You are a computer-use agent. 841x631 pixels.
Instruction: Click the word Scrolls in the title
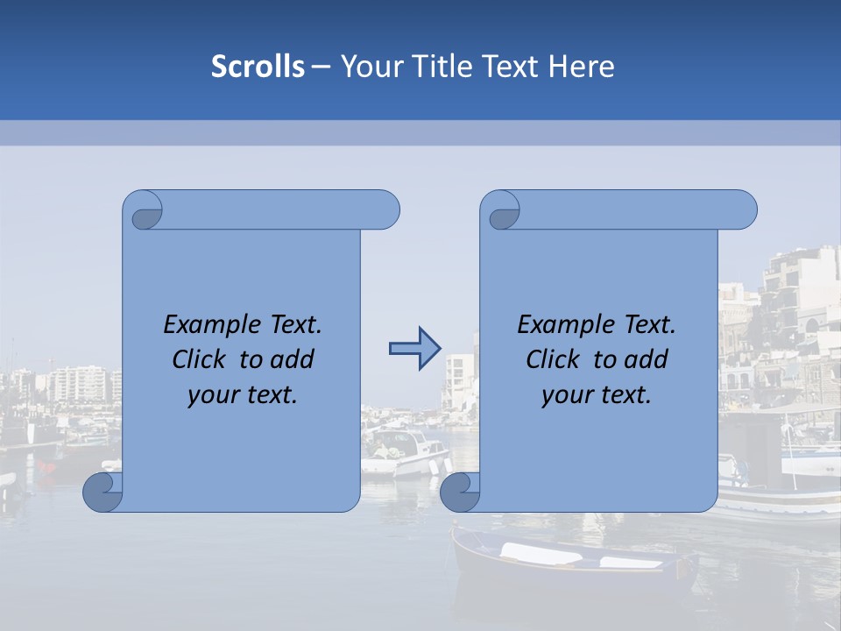[x=258, y=67]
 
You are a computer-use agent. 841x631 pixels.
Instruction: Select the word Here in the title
[x=581, y=67]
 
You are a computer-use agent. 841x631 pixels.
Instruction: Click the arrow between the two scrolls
[x=414, y=349]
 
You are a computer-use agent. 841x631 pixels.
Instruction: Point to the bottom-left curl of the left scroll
[x=102, y=492]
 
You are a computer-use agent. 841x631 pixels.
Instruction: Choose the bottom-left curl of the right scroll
[x=460, y=492]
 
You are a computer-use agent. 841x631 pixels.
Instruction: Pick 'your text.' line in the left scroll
[x=243, y=394]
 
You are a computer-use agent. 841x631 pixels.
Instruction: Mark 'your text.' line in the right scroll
[x=597, y=394]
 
